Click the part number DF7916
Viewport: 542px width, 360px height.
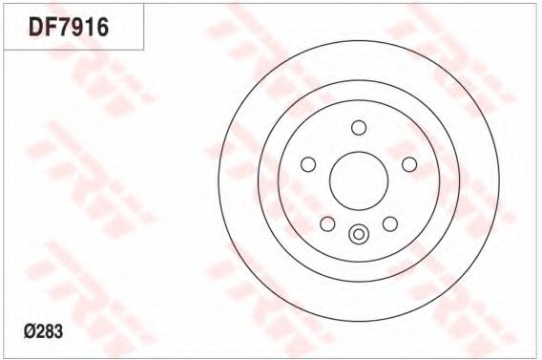[x=69, y=28]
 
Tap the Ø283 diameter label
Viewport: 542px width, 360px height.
[x=44, y=331]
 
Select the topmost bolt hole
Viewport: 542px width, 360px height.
[x=359, y=128]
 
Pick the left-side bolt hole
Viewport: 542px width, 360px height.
[x=308, y=164]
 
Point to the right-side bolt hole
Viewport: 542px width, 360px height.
[x=409, y=164]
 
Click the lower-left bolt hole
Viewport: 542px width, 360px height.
[x=327, y=223]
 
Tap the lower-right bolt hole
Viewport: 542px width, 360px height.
[x=390, y=223]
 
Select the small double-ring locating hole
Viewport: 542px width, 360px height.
[x=359, y=234]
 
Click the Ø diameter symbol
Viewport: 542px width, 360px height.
[x=29, y=331]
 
